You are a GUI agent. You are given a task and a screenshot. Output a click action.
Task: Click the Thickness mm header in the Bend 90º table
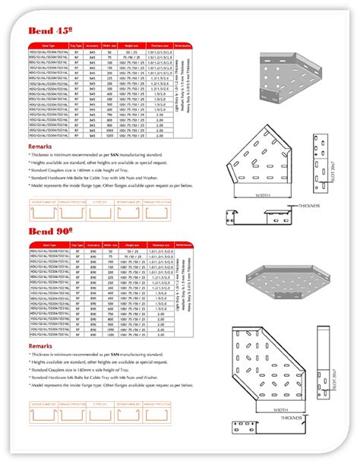tap(160, 246)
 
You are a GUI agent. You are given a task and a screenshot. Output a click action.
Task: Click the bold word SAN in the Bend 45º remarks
tap(115, 153)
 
